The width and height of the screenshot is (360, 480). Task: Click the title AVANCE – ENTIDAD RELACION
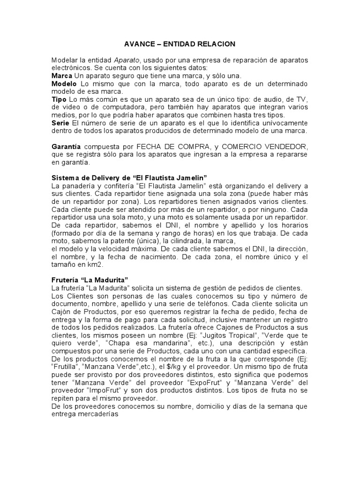(180, 44)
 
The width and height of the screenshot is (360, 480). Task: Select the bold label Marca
(61, 75)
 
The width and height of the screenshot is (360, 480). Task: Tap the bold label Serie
(60, 122)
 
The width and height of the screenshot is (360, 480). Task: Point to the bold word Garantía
(66, 147)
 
